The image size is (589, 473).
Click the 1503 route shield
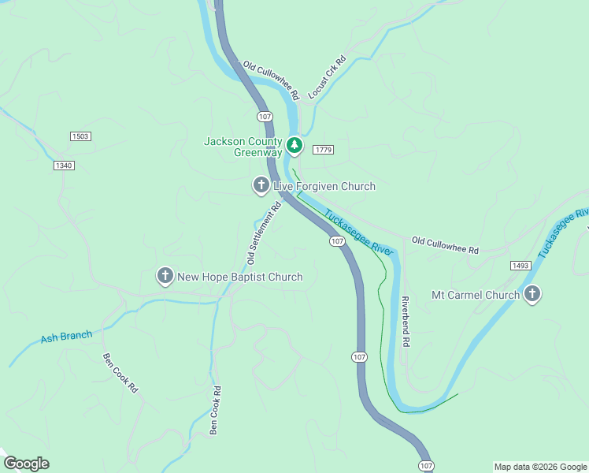(x=80, y=136)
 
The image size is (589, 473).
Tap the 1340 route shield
(x=65, y=165)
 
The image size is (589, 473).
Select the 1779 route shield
(x=323, y=150)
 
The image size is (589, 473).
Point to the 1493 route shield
(x=520, y=266)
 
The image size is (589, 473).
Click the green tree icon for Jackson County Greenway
(x=294, y=145)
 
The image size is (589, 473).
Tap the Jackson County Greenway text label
(x=243, y=147)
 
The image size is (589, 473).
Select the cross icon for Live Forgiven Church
(x=261, y=186)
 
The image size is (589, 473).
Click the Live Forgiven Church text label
(x=324, y=187)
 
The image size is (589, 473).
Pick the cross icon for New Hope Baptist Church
(x=165, y=276)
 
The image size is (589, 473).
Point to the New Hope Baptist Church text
(x=239, y=277)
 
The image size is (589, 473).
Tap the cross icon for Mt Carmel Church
(x=532, y=295)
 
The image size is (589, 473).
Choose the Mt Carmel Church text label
(x=475, y=296)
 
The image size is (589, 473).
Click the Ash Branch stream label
(x=66, y=337)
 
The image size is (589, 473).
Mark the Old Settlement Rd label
(x=265, y=234)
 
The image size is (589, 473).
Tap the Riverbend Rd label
(x=406, y=322)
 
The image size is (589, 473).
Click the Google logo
(x=27, y=464)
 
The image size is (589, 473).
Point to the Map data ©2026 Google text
(x=539, y=466)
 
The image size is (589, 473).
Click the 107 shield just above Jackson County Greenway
(x=265, y=117)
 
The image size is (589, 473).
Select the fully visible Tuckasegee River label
(x=358, y=232)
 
